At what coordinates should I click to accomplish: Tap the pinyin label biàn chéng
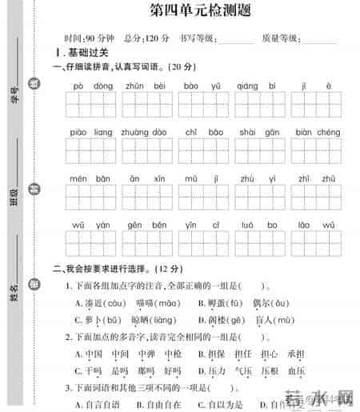coord(318,132)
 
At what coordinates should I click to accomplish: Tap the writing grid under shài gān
coord(259,152)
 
